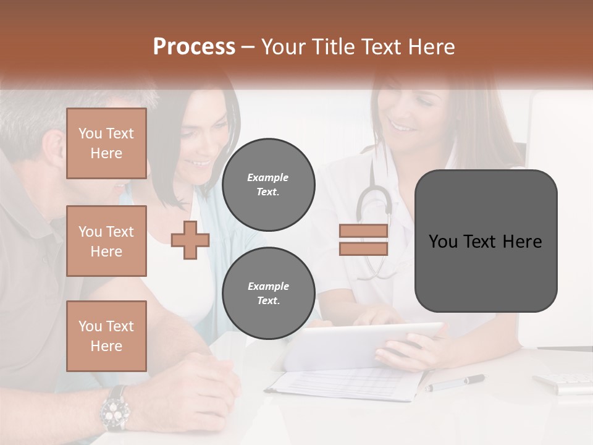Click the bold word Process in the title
pos(194,47)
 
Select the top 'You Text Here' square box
pos(106,143)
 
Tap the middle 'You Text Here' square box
pos(106,241)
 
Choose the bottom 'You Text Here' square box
pos(106,336)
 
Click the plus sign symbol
pos(190,240)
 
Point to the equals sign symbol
pos(363,240)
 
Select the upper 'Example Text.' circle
pos(268,184)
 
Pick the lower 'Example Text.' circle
pos(268,293)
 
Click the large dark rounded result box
pos(486,241)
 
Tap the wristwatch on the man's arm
pos(116,409)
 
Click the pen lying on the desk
pos(455,383)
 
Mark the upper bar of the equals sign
pos(363,231)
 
